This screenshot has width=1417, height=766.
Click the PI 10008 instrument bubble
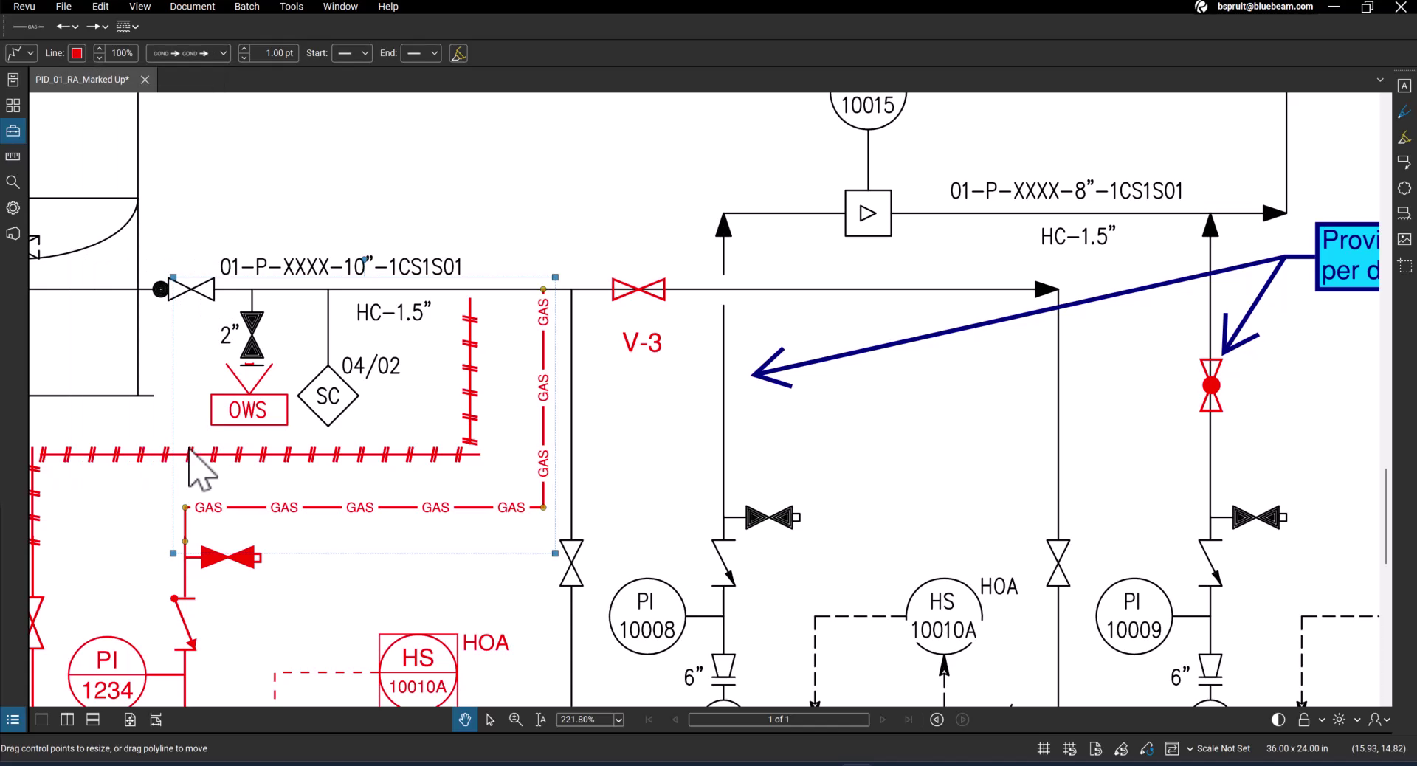647,615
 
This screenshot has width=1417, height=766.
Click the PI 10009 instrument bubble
1134,615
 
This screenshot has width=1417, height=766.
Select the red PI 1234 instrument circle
107,674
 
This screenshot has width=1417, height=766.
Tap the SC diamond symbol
328,396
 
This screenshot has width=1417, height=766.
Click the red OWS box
249,410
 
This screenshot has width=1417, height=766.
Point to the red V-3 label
642,342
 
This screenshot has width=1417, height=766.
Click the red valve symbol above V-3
638,289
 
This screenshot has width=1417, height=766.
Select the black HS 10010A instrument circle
943,615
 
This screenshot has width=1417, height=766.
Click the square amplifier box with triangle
868,213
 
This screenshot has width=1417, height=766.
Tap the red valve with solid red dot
1211,385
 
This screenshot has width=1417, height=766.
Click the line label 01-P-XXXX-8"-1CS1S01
1066,191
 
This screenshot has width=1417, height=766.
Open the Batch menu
246,7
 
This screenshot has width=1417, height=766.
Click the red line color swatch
77,53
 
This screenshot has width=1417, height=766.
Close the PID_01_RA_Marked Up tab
145,80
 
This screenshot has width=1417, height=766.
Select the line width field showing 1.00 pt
278,53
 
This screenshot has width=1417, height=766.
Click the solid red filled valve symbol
228,557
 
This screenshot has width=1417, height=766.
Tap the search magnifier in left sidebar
13,182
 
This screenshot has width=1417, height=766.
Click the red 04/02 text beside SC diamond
370,366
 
